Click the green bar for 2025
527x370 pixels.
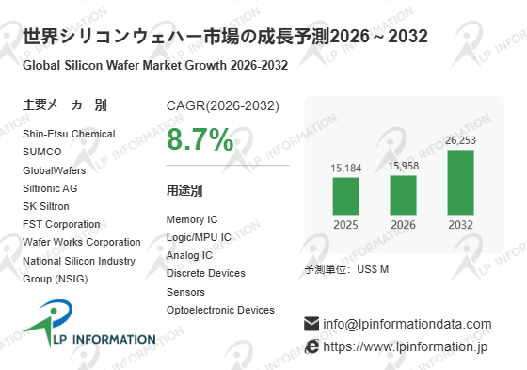(x=346, y=196)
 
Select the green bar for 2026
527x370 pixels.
(x=404, y=195)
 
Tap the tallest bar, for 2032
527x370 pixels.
(x=461, y=183)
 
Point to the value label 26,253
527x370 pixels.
(x=461, y=140)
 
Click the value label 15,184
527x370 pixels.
(x=346, y=168)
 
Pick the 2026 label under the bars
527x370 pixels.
(x=404, y=225)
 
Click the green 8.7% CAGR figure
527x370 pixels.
(x=200, y=139)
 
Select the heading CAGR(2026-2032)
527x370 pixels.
(x=223, y=105)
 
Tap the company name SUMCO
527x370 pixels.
(x=42, y=152)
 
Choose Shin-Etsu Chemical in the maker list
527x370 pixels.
(x=69, y=134)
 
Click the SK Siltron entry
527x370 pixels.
(x=46, y=206)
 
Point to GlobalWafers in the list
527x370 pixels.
(x=55, y=170)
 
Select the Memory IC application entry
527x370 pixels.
(x=192, y=219)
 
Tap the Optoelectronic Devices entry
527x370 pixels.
(x=220, y=310)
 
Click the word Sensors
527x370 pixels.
(x=185, y=292)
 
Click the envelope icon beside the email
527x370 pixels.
(x=311, y=324)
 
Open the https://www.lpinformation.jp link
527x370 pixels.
(x=406, y=346)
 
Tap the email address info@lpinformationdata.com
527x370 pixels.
(x=407, y=324)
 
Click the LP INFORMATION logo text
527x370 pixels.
(x=104, y=339)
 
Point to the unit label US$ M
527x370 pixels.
(x=373, y=269)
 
